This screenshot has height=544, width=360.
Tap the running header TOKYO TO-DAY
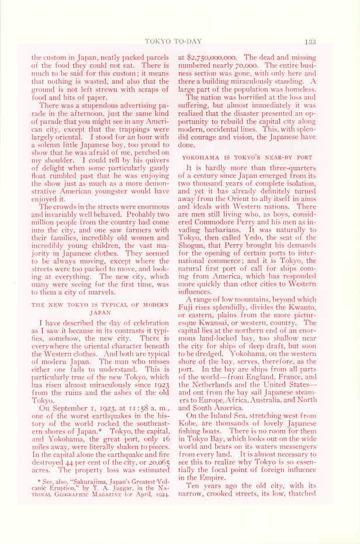coord(181,40)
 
